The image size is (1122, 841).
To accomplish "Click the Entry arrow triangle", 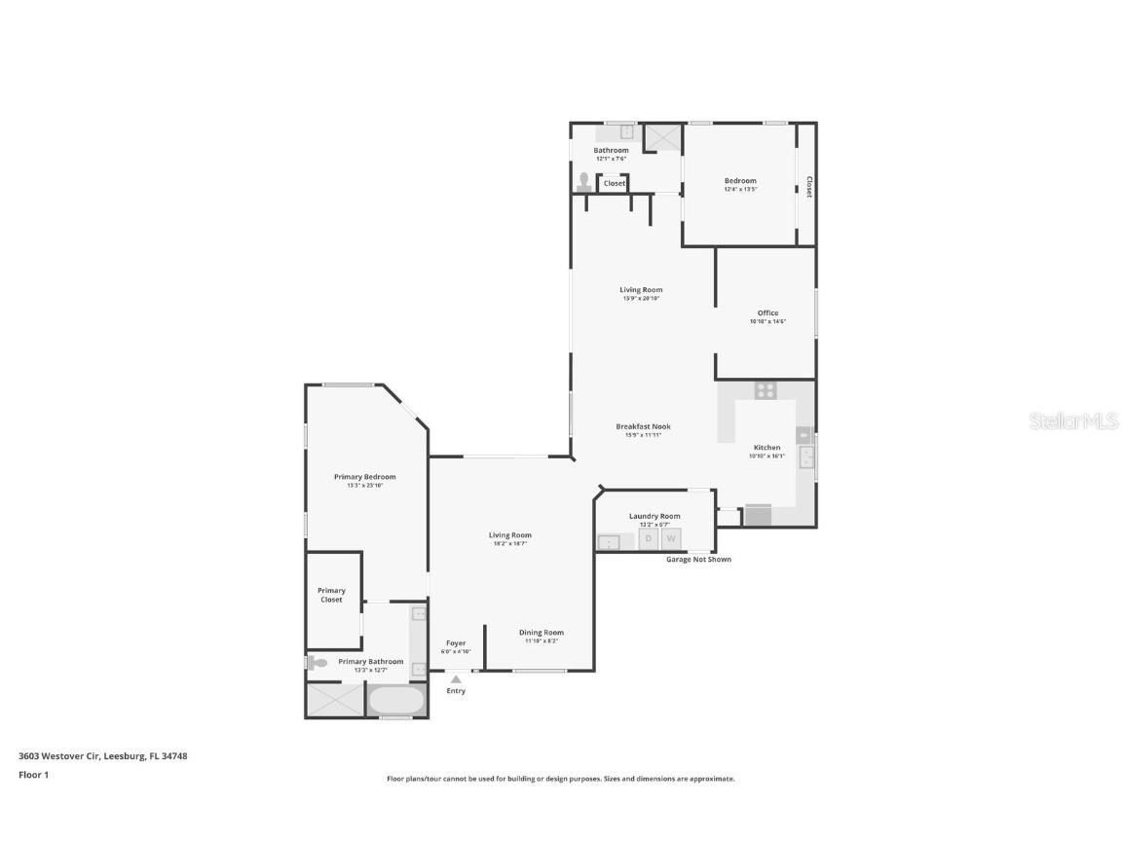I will coord(456,678).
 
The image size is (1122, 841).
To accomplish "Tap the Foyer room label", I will coord(456,643).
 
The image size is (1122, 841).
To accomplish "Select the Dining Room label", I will coord(541,633).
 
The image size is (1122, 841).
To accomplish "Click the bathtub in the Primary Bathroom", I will coord(396,700).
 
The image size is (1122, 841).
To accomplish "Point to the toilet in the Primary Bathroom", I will coord(318,663).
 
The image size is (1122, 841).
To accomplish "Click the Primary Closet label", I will coord(331,595).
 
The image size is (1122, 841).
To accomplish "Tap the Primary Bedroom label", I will coord(365,477).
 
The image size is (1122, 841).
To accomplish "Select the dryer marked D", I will coord(649,538).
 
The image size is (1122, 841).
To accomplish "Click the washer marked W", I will coord(671,538).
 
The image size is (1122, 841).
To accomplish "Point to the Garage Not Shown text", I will coord(698,560).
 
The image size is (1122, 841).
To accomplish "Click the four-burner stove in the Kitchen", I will coord(767,389).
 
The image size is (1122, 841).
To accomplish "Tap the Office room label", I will coord(767,313).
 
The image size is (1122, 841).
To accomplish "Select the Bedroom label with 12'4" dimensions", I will coord(740,181).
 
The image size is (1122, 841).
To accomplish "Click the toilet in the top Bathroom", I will coord(584,181).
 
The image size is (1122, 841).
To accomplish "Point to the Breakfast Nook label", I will coord(643,426).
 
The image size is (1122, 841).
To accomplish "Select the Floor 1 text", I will coord(33,775).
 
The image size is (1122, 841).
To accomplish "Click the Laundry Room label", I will coord(654,516).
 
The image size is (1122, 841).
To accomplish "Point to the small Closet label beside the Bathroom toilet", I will coord(615,183).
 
